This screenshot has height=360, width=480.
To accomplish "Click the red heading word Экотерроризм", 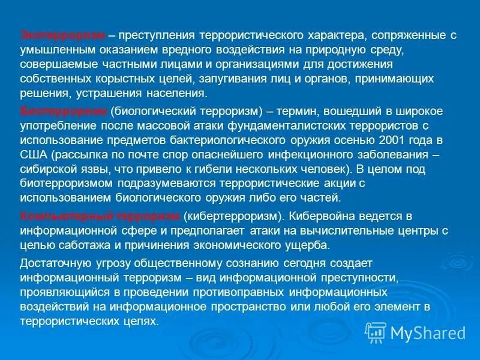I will [x=63, y=35].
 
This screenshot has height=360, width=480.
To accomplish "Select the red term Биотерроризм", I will [x=63, y=112].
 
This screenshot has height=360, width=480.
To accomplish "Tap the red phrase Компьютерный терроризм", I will [x=100, y=216].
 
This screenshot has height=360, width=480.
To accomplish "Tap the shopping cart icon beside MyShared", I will [x=376, y=332].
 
